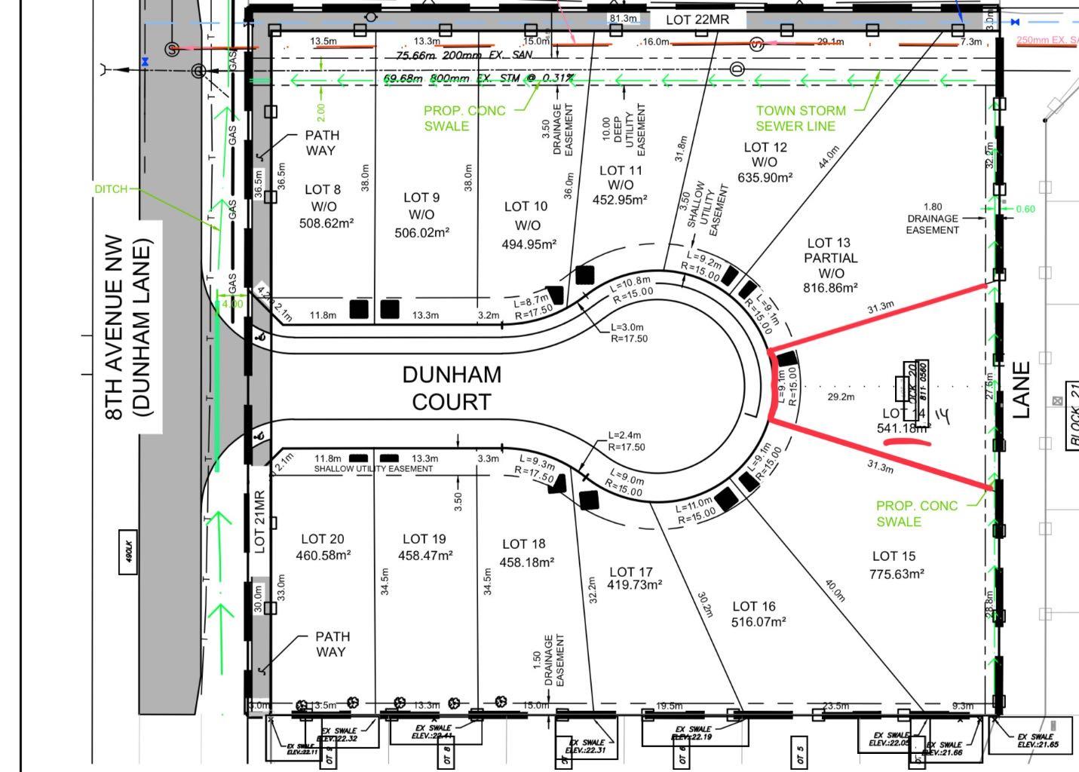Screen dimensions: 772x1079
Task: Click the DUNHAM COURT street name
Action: [x=451, y=388]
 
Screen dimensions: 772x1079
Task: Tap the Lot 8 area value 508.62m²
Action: [x=326, y=223]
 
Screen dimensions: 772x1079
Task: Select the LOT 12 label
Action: [x=765, y=147]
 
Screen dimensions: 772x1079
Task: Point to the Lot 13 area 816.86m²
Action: [x=830, y=288]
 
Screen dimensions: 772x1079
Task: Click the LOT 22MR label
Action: [x=697, y=20]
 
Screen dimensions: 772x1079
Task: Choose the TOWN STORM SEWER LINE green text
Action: [x=800, y=118]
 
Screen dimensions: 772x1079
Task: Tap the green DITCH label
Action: [x=111, y=188]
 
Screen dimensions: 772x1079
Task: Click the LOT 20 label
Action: [x=323, y=539]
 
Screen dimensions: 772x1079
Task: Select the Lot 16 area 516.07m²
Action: [x=759, y=622]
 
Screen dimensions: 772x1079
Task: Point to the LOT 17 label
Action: [x=630, y=572]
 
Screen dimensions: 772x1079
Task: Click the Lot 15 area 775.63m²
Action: [x=897, y=574]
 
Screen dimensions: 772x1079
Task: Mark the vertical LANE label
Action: [x=1020, y=390]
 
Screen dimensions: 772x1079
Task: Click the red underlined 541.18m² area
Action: [x=903, y=428]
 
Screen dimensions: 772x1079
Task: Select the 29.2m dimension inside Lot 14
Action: [x=841, y=397]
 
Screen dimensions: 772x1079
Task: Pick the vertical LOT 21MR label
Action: [x=259, y=522]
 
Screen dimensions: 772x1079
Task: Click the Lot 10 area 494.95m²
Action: [x=529, y=244]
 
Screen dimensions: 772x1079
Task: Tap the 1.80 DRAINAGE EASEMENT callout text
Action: [x=932, y=218]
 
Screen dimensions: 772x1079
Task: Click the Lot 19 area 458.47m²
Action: [x=425, y=556]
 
